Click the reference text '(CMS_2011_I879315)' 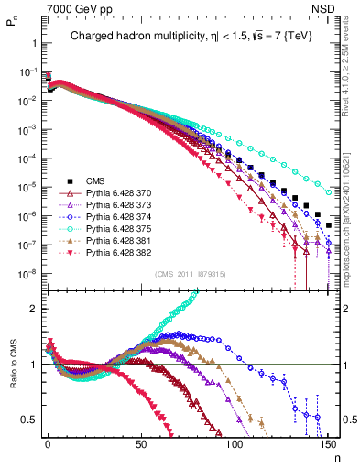[x=190, y=274]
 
